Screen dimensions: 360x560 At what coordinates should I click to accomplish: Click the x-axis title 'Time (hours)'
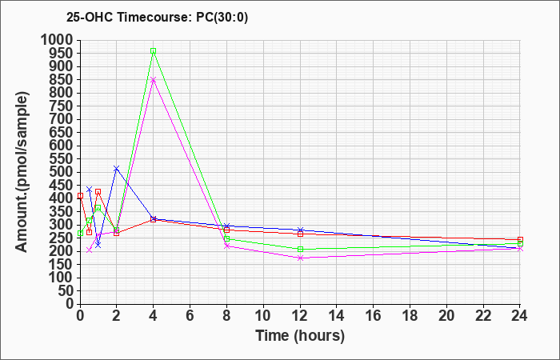tap(300, 335)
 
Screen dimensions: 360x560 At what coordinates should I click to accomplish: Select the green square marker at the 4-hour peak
tap(153, 51)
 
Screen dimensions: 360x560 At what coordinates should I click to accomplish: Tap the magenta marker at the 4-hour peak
tap(153, 80)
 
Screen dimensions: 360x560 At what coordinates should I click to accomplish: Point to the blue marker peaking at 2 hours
tap(116, 168)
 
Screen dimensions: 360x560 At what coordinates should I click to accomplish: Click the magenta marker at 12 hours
tap(300, 258)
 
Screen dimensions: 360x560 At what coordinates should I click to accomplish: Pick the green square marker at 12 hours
tap(300, 249)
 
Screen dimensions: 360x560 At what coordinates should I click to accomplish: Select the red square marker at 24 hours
tap(520, 239)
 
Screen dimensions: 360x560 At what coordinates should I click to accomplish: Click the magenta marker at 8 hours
tap(226, 246)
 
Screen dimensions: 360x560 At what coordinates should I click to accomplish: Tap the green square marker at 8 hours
tap(226, 238)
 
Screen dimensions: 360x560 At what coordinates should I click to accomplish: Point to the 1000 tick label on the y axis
tap(57, 40)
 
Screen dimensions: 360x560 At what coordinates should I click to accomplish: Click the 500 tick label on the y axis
tap(61, 172)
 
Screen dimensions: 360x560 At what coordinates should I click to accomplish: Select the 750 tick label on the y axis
tap(61, 106)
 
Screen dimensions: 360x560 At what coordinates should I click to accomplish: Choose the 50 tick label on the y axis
tap(65, 290)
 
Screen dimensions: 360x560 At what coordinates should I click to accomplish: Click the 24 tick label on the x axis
tap(520, 314)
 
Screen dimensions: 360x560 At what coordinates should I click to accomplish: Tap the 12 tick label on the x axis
tap(300, 314)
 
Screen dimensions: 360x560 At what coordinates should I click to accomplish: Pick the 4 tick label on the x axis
tap(153, 314)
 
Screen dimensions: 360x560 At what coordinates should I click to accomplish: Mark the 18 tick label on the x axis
tap(410, 314)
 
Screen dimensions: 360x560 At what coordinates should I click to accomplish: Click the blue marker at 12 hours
tap(300, 230)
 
